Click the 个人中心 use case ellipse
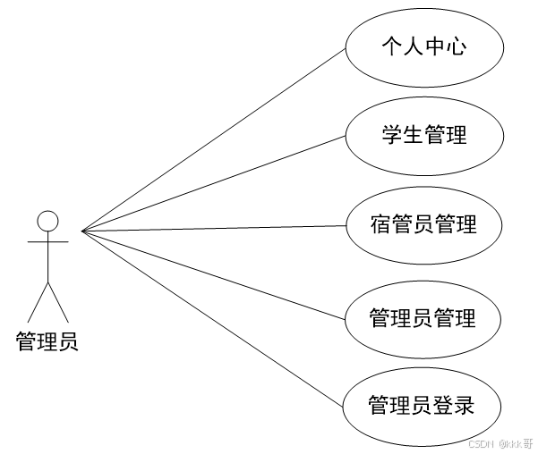(423, 46)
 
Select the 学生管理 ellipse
(423, 136)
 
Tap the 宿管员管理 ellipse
(423, 224)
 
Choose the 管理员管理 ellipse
(423, 317)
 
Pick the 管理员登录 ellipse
(423, 407)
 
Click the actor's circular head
(47, 221)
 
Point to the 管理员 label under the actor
(47, 341)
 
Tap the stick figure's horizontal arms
(47, 241)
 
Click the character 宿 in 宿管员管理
(380, 224)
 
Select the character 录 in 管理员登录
(465, 407)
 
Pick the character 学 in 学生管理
(390, 136)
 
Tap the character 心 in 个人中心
(456, 46)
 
